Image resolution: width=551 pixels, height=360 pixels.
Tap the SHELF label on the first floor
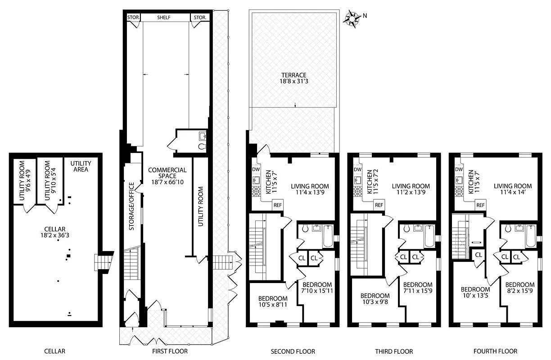coord(165,18)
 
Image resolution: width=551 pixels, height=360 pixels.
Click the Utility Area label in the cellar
coord(81,166)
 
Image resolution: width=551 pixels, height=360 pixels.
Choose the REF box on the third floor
coord(379,205)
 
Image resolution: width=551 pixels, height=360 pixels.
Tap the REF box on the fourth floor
coord(480,205)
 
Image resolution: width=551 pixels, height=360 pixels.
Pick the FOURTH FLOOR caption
coord(495,351)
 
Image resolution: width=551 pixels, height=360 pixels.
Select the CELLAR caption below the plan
coord(54,351)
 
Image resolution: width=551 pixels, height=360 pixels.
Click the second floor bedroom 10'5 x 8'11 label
coord(272,301)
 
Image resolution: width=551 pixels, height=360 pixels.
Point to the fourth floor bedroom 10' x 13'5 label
coord(475,292)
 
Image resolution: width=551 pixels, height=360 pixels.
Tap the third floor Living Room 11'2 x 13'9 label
coord(411,189)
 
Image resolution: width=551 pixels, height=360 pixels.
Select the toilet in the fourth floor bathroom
coord(508,229)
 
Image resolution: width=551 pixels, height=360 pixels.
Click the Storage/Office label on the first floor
coord(132,206)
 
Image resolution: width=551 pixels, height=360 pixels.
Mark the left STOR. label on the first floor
coord(134,18)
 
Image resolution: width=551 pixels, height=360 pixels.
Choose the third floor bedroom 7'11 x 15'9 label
coord(418,288)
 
